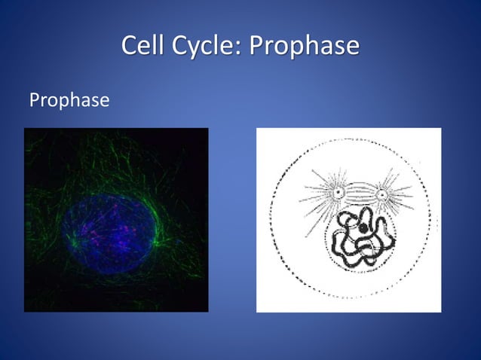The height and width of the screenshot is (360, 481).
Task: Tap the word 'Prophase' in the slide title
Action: (x=304, y=47)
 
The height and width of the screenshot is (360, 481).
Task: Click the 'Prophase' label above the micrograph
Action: (x=69, y=99)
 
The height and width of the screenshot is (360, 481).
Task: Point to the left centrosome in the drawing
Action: (x=339, y=194)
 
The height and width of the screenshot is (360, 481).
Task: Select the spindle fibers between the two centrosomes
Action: (x=360, y=192)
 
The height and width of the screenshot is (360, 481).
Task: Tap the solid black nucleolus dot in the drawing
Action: (x=363, y=227)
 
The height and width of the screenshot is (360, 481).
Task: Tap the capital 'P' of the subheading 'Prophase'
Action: (x=33, y=99)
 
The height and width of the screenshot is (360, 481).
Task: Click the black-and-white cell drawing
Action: (x=348, y=219)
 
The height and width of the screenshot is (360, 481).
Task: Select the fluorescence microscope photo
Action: (x=116, y=219)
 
